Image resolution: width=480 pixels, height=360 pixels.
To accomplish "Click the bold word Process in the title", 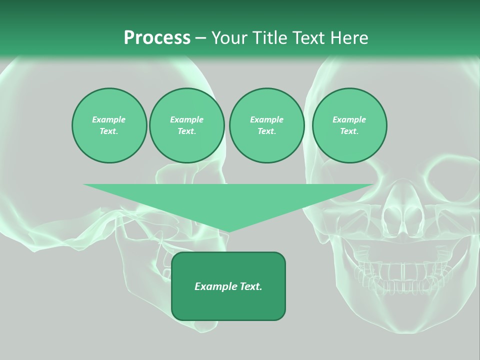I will pos(157,38).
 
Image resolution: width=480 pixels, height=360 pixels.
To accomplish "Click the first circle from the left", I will pos(109,125).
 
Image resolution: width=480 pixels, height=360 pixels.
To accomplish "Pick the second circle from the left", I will pos(187,125).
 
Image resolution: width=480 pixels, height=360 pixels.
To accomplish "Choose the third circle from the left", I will pos(266,125).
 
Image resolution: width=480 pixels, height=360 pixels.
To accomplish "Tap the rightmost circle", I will pos(349,125).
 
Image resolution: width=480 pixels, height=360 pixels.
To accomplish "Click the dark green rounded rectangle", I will pos(228,286).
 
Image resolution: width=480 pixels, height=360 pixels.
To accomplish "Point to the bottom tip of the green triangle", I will pos(228,231).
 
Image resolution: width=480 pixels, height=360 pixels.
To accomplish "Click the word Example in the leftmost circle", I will pos(109,119).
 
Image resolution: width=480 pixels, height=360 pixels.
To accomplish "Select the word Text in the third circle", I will pos(266,131).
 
